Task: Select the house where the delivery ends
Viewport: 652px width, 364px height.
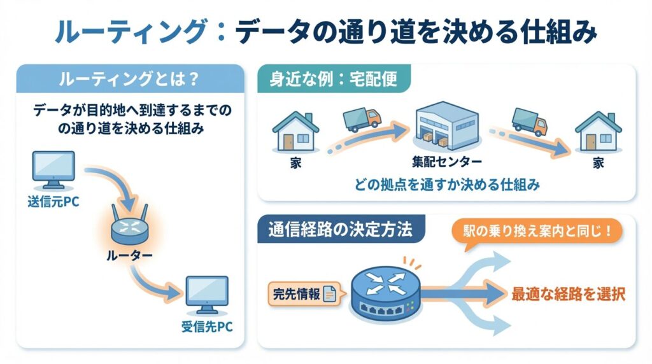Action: point(598,132)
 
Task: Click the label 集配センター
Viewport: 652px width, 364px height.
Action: point(446,162)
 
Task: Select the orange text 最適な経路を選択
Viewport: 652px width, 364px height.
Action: point(568,295)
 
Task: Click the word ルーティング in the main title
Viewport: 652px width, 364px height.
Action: point(131,31)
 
